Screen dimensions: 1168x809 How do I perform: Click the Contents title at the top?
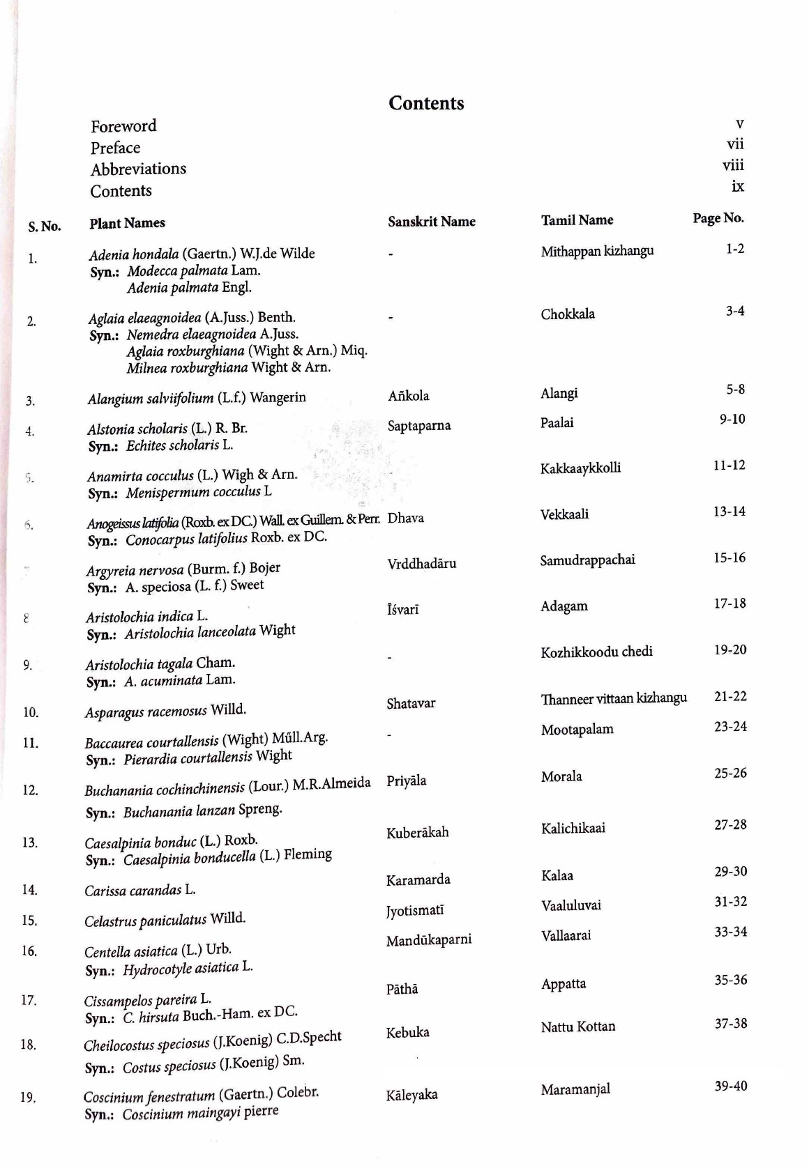click(x=426, y=103)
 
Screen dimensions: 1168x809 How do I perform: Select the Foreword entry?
click(x=123, y=126)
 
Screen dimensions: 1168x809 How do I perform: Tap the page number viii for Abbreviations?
click(x=733, y=165)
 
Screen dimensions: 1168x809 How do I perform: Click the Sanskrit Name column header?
click(x=431, y=222)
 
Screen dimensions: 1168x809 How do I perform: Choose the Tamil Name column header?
click(x=577, y=220)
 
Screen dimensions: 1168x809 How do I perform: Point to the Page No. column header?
click(x=718, y=218)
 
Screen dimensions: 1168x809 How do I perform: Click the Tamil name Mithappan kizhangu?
click(x=597, y=251)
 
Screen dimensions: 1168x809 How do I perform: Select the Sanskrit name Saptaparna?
click(x=419, y=425)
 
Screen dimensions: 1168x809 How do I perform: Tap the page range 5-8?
click(x=735, y=389)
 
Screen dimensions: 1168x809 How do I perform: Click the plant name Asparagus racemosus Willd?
click(x=165, y=711)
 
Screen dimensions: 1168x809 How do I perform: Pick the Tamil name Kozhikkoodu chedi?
click(x=596, y=652)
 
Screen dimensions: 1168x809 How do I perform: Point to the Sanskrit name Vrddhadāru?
click(x=421, y=563)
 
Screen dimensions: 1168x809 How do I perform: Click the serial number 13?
click(x=29, y=843)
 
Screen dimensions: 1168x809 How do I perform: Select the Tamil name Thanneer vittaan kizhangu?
click(x=614, y=698)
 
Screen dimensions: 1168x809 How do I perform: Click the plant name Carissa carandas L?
click(x=139, y=890)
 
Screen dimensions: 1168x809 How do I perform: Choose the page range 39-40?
click(x=730, y=1086)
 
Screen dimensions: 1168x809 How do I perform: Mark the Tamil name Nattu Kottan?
click(x=577, y=1027)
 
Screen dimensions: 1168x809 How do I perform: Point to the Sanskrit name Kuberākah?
click(x=417, y=832)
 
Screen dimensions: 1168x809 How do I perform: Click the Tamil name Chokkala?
click(x=568, y=314)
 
